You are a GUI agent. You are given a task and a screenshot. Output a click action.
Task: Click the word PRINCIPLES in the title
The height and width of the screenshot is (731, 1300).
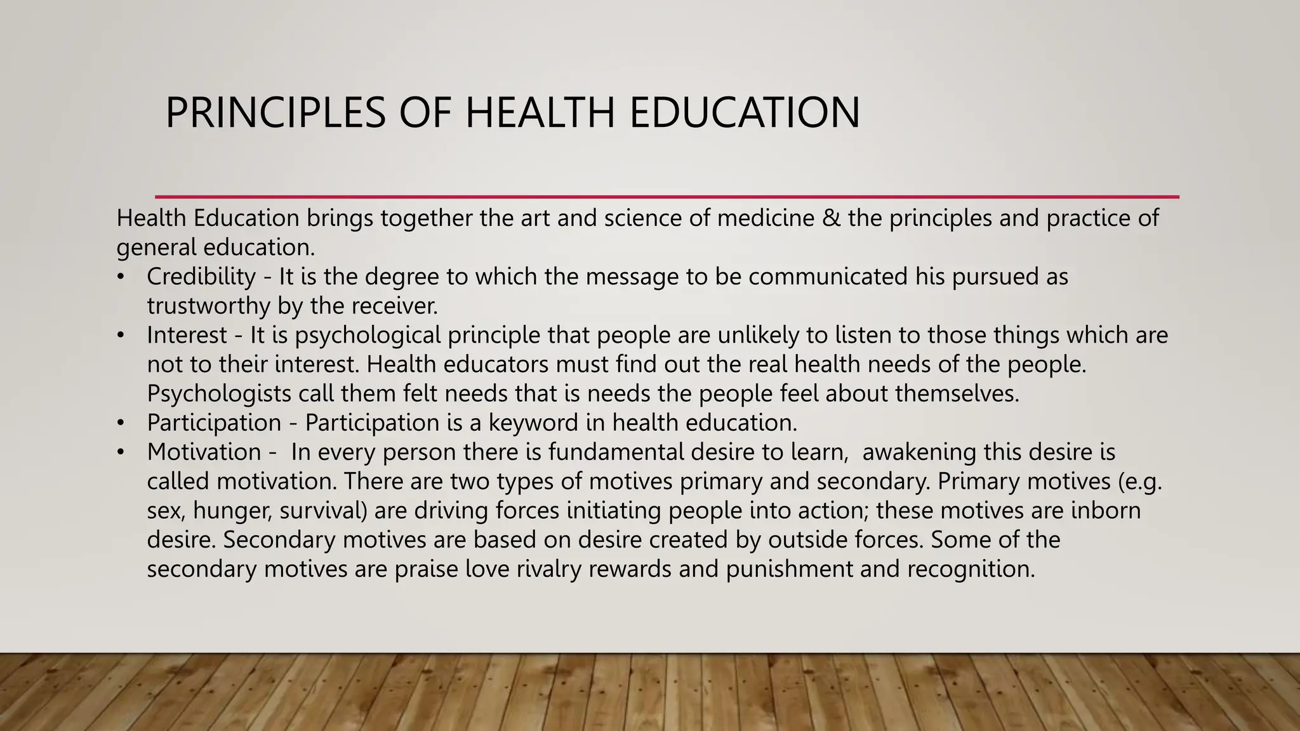[275, 113]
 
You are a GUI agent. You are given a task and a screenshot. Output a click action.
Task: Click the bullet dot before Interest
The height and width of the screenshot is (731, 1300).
[121, 335]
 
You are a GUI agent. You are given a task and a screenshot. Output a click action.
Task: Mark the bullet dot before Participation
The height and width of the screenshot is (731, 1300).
[121, 423]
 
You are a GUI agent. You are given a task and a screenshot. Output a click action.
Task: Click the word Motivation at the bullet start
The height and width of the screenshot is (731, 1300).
[204, 452]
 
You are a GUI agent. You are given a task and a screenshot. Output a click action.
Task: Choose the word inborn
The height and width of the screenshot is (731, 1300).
[1106, 510]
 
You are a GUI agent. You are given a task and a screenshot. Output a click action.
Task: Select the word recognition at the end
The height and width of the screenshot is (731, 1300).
[971, 569]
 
